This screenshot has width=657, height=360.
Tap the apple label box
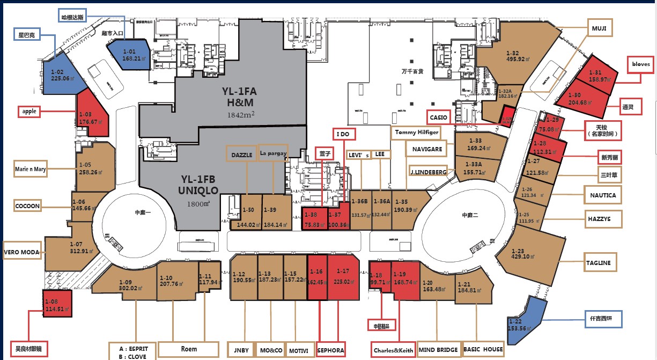[30, 112]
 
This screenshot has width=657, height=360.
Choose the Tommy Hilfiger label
[417, 132]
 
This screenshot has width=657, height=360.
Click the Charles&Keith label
[393, 351]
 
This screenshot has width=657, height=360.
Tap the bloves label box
[641, 64]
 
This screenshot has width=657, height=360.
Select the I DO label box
[342, 134]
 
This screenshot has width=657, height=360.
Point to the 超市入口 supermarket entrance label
[113, 33]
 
